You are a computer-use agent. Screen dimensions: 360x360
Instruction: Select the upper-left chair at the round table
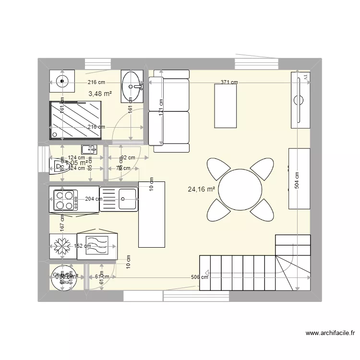point(219,169)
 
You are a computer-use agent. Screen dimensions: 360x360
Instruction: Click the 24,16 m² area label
point(201,189)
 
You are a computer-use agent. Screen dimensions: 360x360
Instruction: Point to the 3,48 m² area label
point(100,93)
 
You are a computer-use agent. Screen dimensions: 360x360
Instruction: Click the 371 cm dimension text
point(229,82)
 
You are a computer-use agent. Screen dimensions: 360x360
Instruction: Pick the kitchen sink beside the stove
point(119,199)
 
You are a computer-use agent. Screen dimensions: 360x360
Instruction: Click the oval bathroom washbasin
point(131,87)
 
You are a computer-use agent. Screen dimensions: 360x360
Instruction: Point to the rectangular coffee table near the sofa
point(226,106)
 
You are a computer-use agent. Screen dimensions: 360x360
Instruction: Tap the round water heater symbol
point(61,277)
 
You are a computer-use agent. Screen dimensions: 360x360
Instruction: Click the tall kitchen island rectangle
point(152,214)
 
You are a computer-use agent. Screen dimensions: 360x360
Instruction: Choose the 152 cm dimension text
point(82,246)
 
